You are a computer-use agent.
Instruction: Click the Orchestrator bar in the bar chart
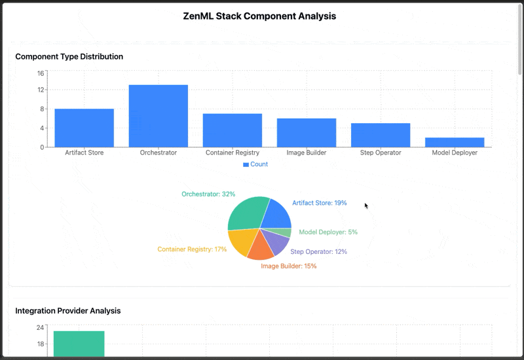click(158, 116)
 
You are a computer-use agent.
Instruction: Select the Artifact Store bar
click(84, 128)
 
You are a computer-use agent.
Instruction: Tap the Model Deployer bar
click(455, 142)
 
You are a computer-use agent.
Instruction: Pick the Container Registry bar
click(233, 130)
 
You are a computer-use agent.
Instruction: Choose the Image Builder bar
click(307, 133)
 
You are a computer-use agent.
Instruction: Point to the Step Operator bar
click(381, 135)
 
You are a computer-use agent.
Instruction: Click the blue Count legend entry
click(255, 164)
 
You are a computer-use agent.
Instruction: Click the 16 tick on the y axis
click(41, 73)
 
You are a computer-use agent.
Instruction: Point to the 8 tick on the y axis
click(43, 109)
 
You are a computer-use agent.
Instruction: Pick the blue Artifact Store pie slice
click(276, 213)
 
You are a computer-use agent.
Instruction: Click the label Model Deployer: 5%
click(328, 232)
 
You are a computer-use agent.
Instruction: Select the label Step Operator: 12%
click(318, 251)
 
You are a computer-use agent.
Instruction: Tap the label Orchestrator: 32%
click(208, 194)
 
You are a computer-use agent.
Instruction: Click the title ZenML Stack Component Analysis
click(259, 16)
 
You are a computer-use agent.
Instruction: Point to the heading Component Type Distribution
click(69, 56)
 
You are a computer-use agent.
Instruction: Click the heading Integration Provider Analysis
click(67, 310)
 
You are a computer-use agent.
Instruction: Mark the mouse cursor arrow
click(366, 206)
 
